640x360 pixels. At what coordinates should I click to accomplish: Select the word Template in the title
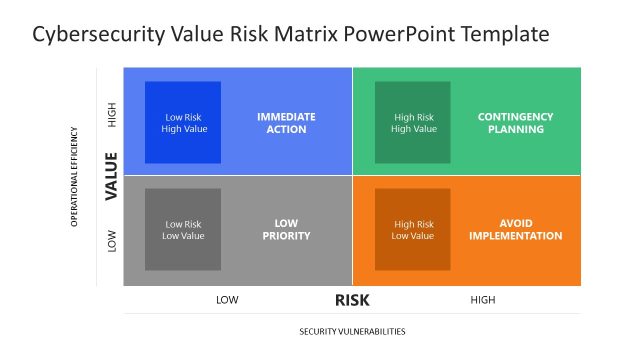502,35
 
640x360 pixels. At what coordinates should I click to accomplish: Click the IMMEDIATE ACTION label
286,123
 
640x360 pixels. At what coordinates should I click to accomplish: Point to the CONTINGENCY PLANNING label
515,123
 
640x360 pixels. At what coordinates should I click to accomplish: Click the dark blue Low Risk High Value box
183,123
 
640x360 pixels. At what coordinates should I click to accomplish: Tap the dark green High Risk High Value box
413,123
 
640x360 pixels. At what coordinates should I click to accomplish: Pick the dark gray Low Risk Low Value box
183,230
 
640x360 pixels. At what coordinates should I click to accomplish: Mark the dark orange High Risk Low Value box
413,230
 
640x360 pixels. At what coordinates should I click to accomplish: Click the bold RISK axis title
353,299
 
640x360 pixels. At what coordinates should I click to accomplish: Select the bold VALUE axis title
112,175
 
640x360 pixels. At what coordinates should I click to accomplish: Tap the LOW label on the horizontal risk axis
227,300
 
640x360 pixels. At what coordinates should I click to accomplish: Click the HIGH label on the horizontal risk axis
482,300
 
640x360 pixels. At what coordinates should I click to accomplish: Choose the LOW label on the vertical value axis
112,240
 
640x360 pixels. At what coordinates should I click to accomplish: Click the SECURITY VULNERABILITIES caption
352,331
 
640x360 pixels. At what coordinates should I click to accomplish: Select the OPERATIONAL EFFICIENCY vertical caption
74,176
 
